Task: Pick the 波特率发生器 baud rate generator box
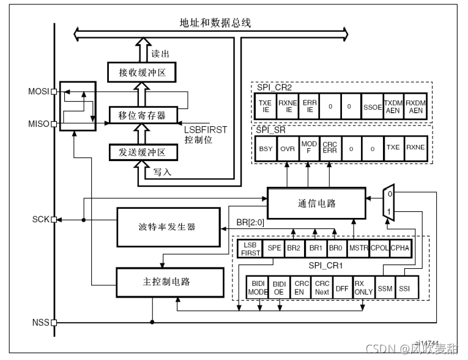[159, 227]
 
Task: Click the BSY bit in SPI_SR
[266, 148]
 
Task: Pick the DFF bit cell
[342, 288]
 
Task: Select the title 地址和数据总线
[210, 23]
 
